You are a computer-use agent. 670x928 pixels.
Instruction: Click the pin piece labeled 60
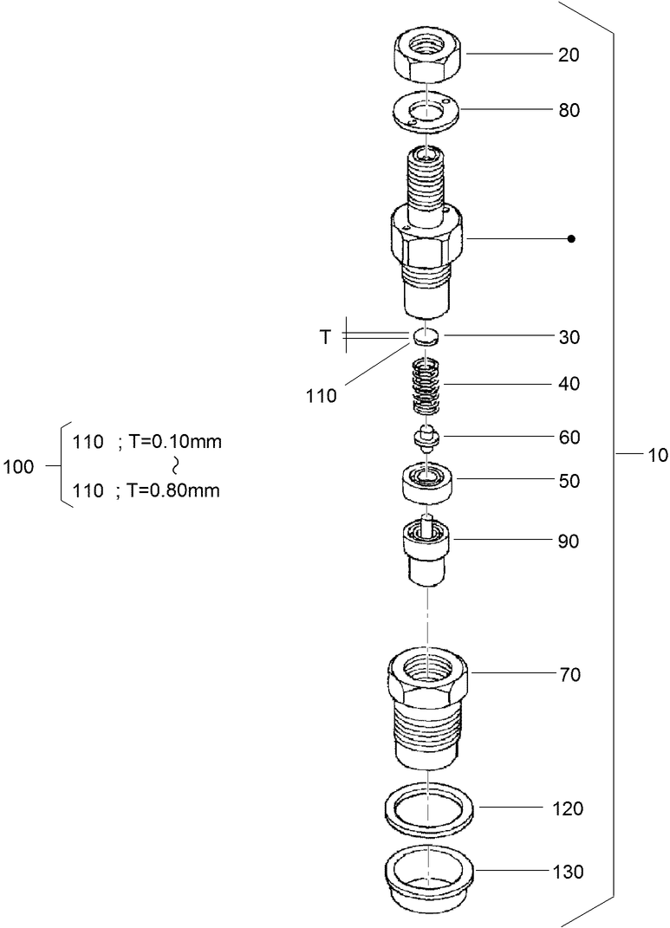click(426, 437)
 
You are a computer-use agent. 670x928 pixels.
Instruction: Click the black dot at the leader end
click(570, 238)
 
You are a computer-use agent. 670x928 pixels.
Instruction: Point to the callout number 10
click(656, 454)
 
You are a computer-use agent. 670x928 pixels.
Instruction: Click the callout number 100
click(18, 467)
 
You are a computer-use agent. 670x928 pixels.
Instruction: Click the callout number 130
click(569, 872)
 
